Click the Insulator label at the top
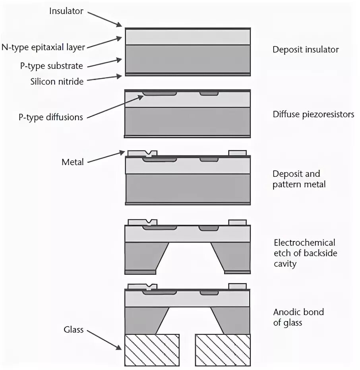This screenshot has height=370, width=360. point(66,11)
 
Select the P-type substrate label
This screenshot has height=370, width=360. point(52,66)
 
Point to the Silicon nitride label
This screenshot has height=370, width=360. point(57,81)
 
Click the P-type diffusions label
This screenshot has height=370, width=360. point(50,117)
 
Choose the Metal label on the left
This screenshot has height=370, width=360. point(72,162)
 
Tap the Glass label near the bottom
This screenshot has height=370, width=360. point(74,330)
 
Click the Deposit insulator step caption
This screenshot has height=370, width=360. point(306,50)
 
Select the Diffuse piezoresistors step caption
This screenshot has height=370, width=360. point(313,114)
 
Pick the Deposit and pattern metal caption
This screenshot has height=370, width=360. point(299,179)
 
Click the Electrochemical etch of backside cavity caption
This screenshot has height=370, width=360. point(304,253)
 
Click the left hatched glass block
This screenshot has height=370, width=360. point(152,350)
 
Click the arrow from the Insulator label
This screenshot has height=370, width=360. point(104,19)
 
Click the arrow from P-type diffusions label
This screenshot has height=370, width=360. point(115,106)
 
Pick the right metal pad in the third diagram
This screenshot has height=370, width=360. point(238,153)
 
